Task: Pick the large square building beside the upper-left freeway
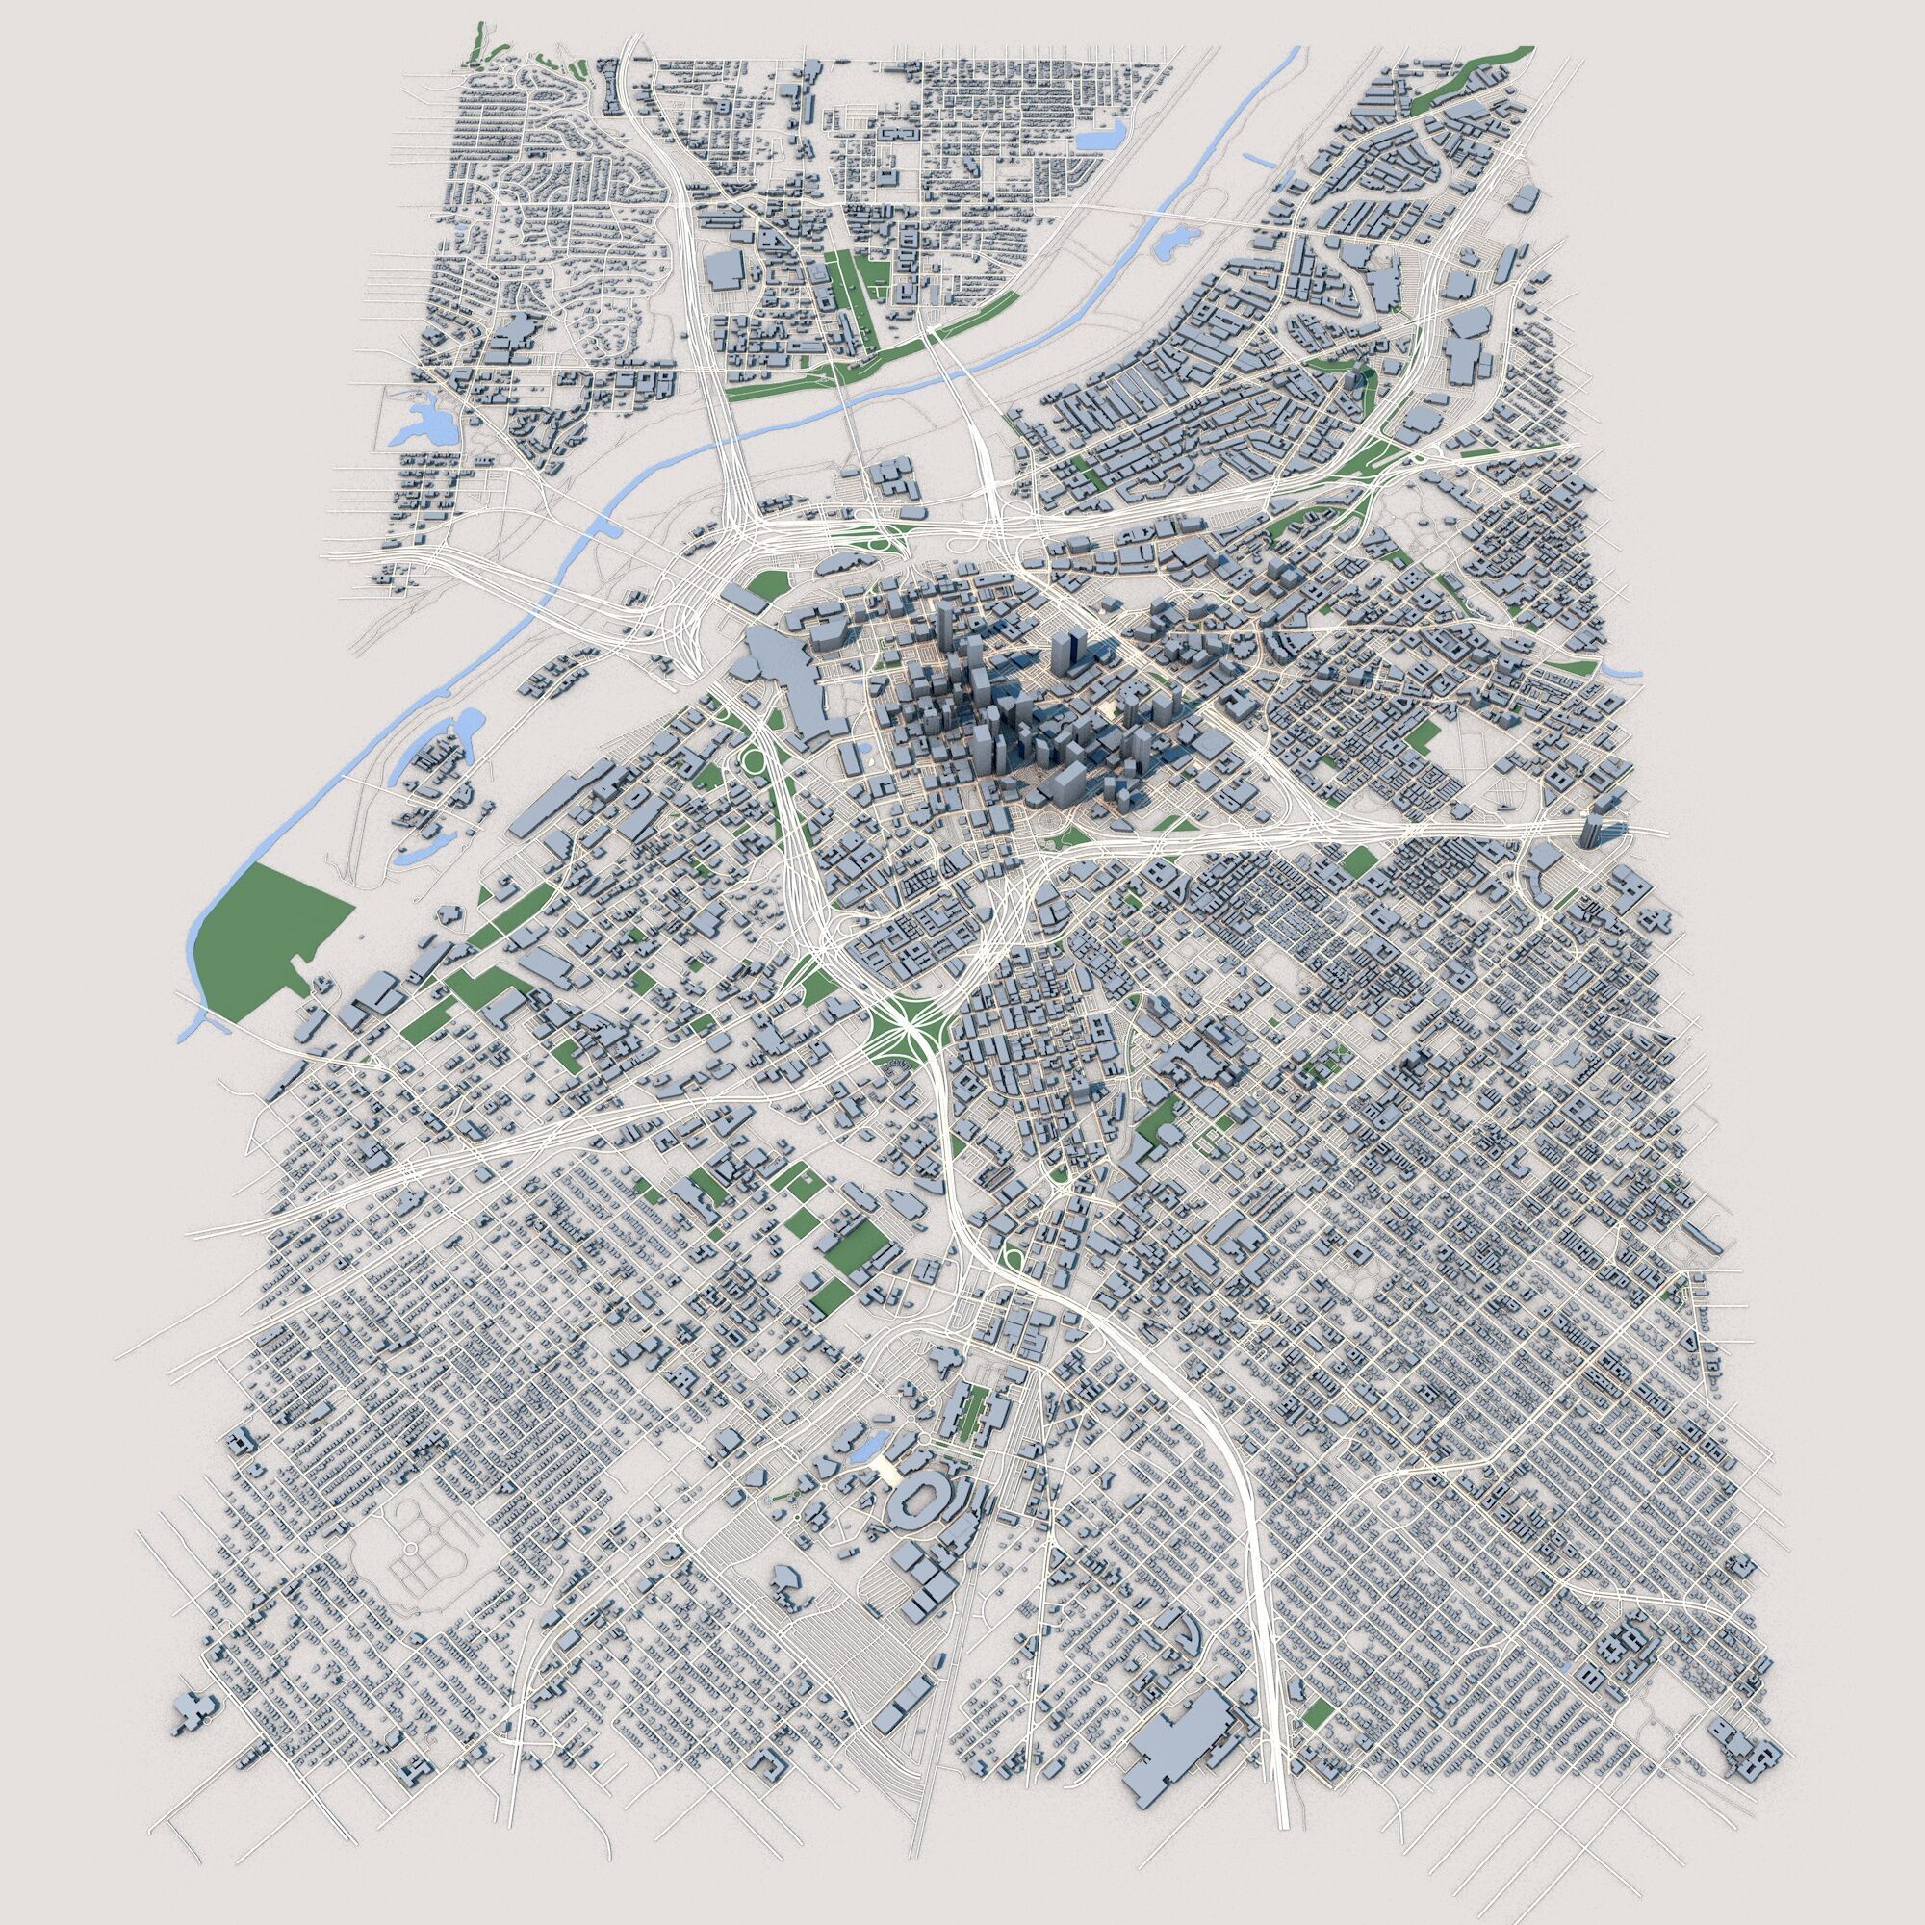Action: tap(726, 269)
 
